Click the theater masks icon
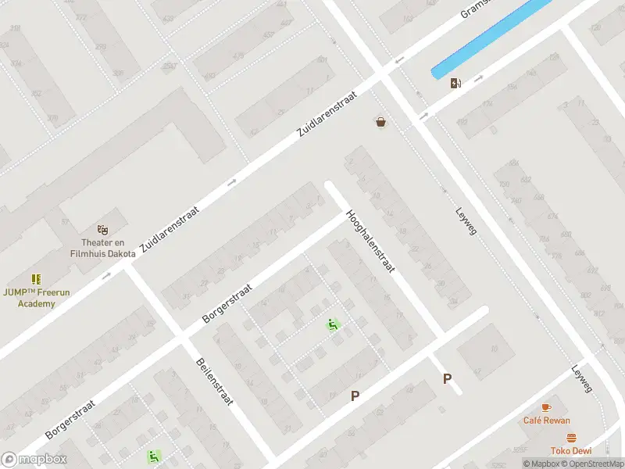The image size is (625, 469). point(102,230)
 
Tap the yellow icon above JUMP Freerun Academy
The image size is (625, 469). point(36,279)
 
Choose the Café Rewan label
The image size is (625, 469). point(546,421)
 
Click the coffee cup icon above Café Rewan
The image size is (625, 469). point(546,407)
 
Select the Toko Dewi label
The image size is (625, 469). point(570,451)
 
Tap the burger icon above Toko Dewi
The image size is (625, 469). point(571,438)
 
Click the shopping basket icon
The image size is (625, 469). point(380,122)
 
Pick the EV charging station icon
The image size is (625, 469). point(455,83)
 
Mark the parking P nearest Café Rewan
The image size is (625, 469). point(448,379)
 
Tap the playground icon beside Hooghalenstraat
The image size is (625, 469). point(333,324)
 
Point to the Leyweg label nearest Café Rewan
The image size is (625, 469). point(582,379)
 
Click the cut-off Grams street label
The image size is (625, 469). point(473,9)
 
